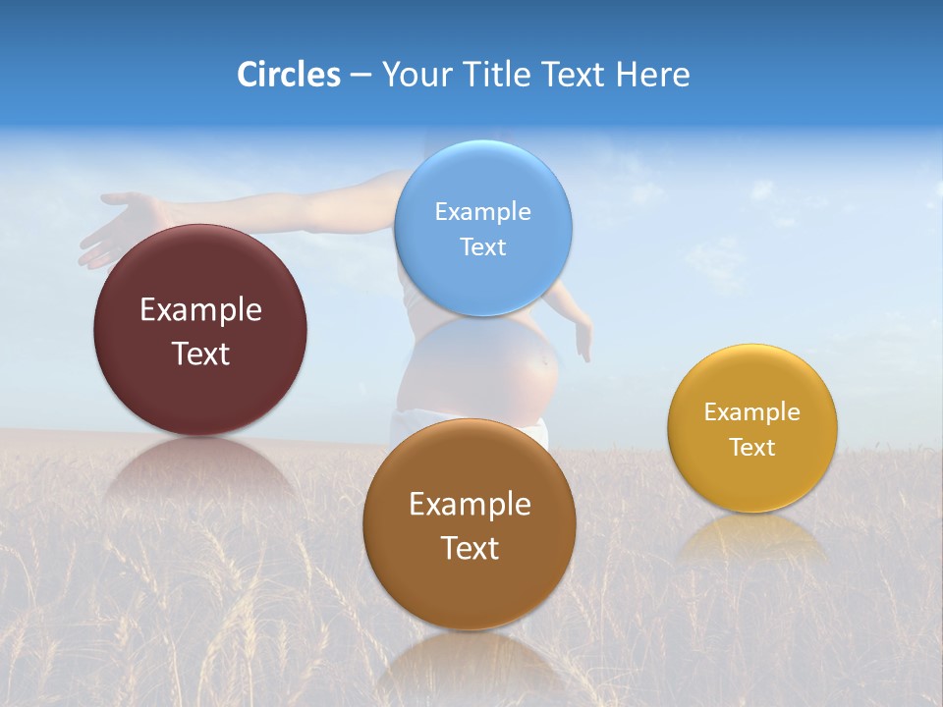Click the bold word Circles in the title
[289, 75]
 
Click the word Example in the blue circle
[483, 211]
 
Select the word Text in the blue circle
[483, 246]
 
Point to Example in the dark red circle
[200, 309]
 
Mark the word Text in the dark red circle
[200, 353]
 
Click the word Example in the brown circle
[470, 504]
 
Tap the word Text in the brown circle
[470, 548]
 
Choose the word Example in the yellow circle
[752, 411]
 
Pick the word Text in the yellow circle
[752, 447]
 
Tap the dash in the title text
[361, 76]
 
